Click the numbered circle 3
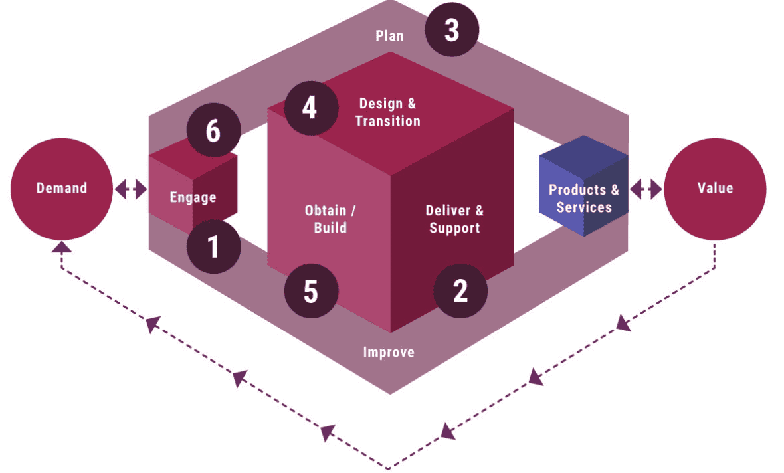(x=452, y=30)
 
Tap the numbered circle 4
(x=311, y=108)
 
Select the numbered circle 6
(x=213, y=130)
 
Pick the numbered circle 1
(x=213, y=246)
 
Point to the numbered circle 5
(x=311, y=291)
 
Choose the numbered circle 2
(x=460, y=291)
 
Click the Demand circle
(x=62, y=189)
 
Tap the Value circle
(x=715, y=189)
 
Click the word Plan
(x=389, y=36)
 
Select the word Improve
(x=389, y=353)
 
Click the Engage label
(x=193, y=197)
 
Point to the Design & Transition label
(x=387, y=112)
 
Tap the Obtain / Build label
(x=330, y=219)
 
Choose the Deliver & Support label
(x=454, y=219)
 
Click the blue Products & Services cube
(x=583, y=185)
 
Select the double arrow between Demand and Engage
(x=131, y=189)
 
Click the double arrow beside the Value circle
(x=646, y=189)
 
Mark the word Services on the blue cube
(x=584, y=207)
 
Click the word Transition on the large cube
(x=387, y=121)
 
